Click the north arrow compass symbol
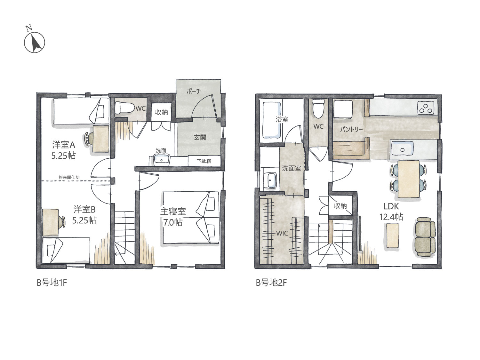34,42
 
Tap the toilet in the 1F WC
124,107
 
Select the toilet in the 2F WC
318,108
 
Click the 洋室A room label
64,145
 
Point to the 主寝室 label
173,212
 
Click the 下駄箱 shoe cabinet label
204,161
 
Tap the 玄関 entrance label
200,137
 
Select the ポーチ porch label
194,91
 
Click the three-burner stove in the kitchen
426,108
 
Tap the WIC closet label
282,233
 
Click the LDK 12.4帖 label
391,212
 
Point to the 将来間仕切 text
69,177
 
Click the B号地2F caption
271,283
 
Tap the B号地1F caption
52,283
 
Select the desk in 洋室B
51,222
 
